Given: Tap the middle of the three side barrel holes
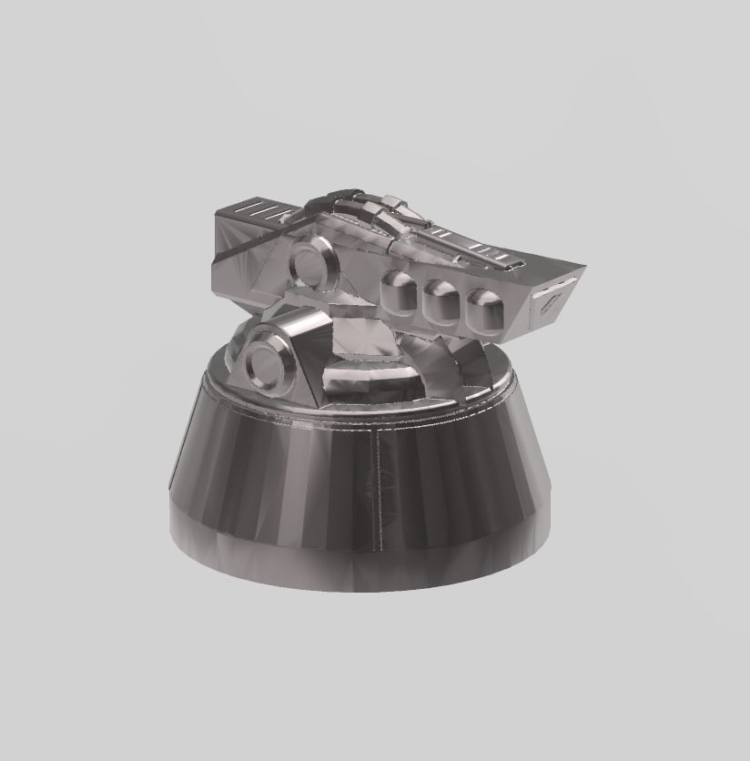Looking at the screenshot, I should pos(441,300).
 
